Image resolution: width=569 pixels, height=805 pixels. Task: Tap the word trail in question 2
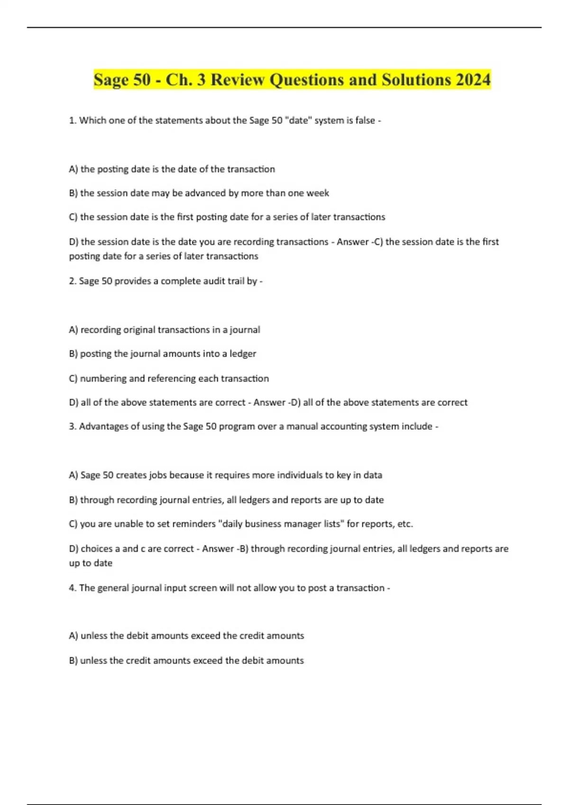[236, 281]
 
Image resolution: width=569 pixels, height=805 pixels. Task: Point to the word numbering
[103, 379]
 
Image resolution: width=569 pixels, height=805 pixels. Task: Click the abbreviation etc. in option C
[405, 524]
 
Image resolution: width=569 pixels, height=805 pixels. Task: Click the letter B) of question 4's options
[73, 661]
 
